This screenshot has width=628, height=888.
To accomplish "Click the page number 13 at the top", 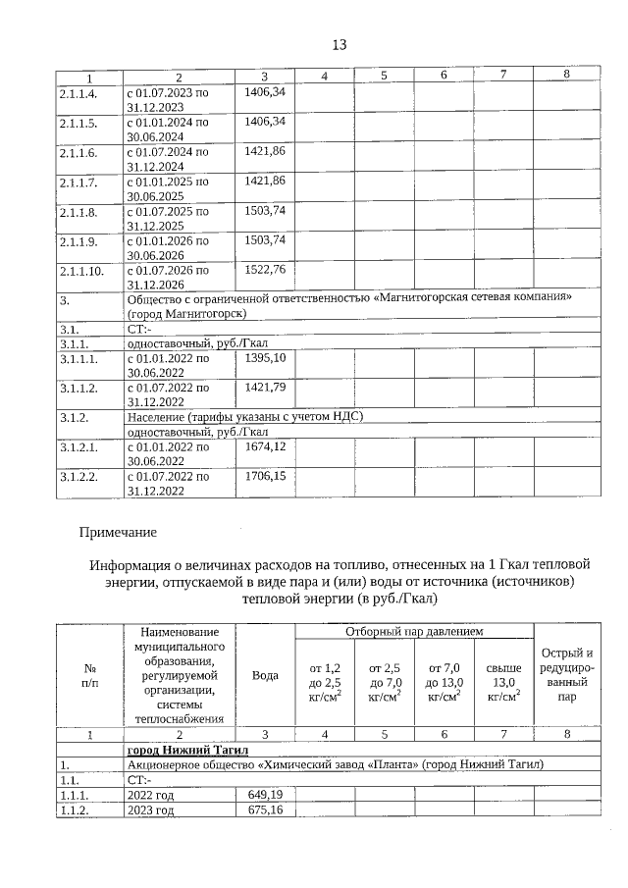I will [340, 45].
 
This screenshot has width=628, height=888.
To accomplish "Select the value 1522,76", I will [264, 270].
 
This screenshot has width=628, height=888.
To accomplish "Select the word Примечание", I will [118, 532].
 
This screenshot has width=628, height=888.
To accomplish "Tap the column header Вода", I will [265, 676].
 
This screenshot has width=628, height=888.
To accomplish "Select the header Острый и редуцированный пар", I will [567, 676].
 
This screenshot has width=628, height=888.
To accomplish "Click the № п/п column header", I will [87, 676].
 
